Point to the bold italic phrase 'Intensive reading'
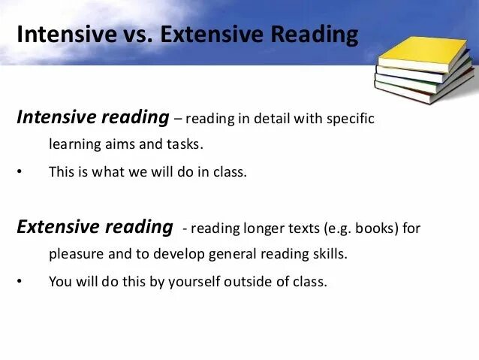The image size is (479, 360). pos(93,117)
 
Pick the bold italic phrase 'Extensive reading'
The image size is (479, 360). pos(95,227)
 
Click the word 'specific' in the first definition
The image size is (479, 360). pos(350,119)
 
